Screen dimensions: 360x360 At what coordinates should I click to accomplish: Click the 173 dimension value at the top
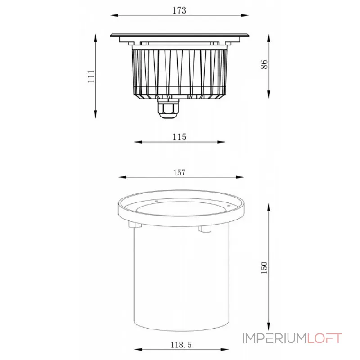179,10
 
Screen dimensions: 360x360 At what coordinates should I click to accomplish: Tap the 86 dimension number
265,65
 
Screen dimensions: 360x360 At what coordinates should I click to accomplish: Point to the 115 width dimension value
179,136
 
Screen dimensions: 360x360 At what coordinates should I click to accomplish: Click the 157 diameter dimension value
179,172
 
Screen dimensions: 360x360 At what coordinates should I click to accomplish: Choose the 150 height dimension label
264,267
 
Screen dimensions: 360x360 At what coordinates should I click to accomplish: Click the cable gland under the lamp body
167,109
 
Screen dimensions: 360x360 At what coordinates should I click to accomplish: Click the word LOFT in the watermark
324,338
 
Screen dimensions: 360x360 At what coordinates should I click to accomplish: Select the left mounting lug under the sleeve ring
131,225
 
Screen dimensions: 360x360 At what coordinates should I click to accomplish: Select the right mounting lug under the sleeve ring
205,229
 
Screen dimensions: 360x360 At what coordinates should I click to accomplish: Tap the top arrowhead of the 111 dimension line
96,36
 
